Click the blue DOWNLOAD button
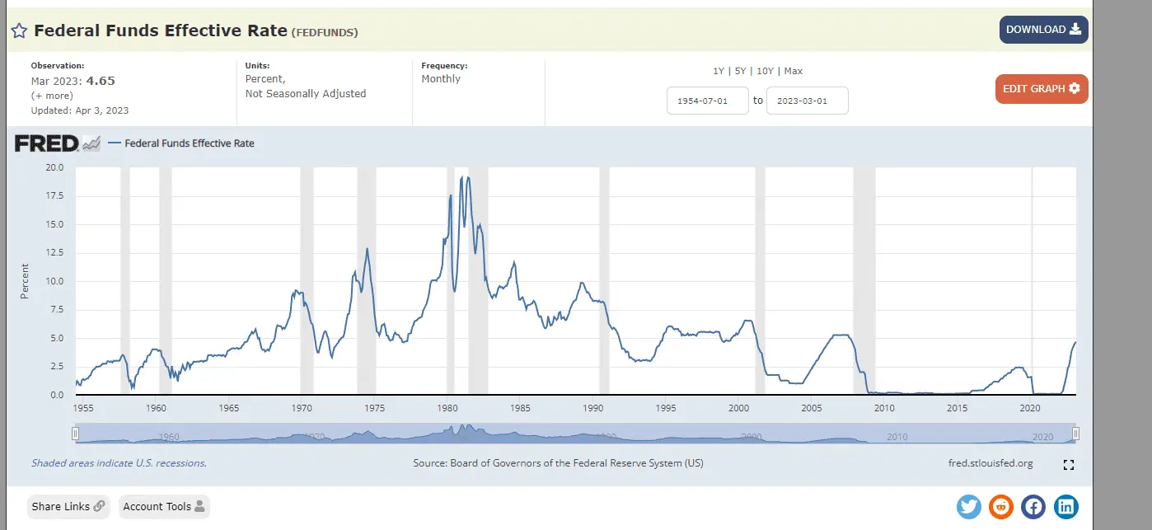1043,30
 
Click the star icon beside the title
20,31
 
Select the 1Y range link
719,71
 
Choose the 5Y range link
742,71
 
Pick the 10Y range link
766,71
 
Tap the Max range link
794,71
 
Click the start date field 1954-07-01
707,101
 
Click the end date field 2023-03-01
807,101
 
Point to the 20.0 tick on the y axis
54,167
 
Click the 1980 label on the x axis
447,408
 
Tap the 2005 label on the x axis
812,408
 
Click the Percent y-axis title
25,281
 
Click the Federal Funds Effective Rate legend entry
189,143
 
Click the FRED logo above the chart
47,143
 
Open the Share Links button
68,506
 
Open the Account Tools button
164,506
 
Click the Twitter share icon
969,506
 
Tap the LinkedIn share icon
1065,506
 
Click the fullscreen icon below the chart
1069,465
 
